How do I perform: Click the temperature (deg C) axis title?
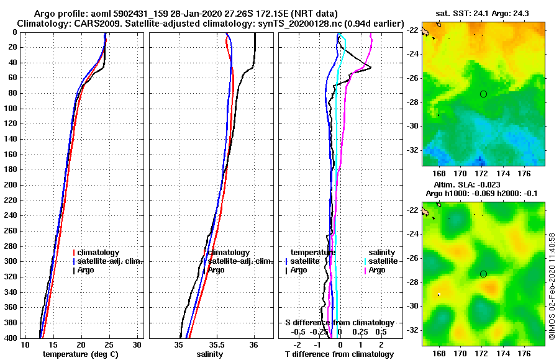[x=80, y=354]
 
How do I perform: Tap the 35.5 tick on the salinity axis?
[x=215, y=344]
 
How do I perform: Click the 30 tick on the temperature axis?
[x=137, y=344]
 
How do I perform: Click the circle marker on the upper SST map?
[x=483, y=94]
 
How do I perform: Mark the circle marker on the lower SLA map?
[x=483, y=274]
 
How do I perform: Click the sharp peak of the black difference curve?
[x=371, y=67]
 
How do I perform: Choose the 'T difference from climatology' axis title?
[x=339, y=354]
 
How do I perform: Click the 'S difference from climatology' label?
[x=339, y=323]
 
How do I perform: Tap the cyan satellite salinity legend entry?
[x=380, y=261]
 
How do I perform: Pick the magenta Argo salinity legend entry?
[x=375, y=270]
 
